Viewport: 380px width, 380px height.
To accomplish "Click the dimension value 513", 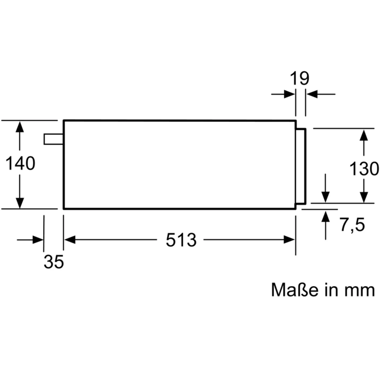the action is tap(181, 240).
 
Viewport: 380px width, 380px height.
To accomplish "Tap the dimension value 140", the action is tap(20, 163).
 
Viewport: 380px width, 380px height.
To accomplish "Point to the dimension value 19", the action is tap(299, 79).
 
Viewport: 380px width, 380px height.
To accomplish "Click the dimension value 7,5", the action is tap(352, 224).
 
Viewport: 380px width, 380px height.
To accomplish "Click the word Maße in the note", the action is tap(295, 290).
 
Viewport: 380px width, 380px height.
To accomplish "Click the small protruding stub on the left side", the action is tap(53, 139).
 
